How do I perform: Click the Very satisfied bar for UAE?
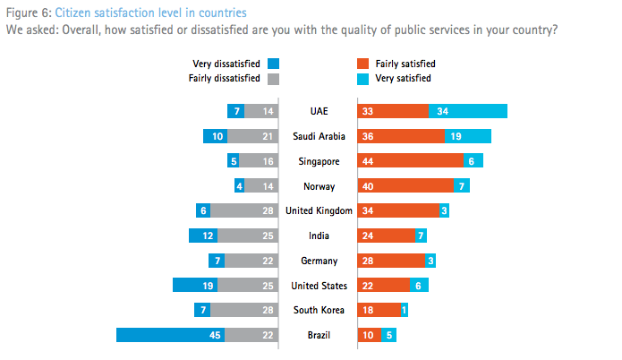pyautogui.click(x=468, y=111)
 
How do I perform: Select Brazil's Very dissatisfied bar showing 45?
pyautogui.click(x=170, y=335)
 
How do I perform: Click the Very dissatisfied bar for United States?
pyautogui.click(x=195, y=286)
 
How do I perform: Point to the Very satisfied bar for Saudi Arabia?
pyautogui.click(x=468, y=136)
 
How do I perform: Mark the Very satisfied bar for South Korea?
pyautogui.click(x=405, y=310)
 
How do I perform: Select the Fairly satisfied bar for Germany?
pyautogui.click(x=391, y=261)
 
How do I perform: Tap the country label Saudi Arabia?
pyautogui.click(x=319, y=136)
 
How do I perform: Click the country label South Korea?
pyautogui.click(x=319, y=310)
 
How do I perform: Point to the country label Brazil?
pyautogui.click(x=319, y=335)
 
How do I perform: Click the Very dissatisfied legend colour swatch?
pyautogui.click(x=274, y=64)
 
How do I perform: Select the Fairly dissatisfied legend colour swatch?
pyautogui.click(x=274, y=78)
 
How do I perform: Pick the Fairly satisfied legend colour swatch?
pyautogui.click(x=362, y=64)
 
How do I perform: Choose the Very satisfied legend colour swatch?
pyautogui.click(x=362, y=78)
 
